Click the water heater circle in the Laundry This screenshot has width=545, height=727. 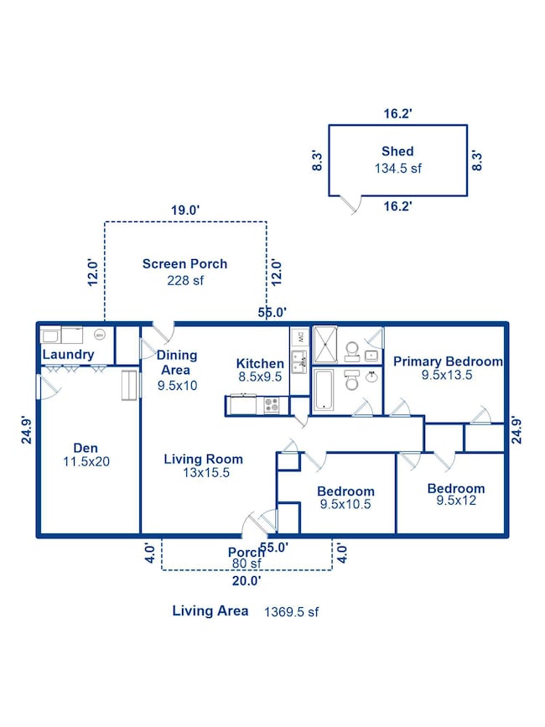[99, 335]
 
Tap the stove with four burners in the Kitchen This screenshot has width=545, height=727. [272, 405]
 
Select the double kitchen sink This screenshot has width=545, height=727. [299, 362]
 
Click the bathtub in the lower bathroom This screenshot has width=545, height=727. [323, 390]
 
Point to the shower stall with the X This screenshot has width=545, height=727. [325, 345]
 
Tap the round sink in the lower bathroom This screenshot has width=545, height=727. [371, 377]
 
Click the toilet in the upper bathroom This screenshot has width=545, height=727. [352, 352]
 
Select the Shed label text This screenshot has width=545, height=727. [397, 151]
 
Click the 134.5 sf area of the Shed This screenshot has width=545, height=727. [398, 169]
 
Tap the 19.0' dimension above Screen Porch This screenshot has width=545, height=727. [185, 210]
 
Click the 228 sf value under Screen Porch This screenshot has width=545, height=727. [185, 281]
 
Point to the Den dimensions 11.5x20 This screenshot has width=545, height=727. [86, 462]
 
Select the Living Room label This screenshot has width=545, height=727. [204, 459]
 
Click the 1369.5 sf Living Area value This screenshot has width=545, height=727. [292, 612]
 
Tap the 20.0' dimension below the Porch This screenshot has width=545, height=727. [247, 580]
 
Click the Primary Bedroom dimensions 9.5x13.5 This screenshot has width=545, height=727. [447, 375]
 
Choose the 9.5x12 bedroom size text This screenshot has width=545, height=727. [456, 501]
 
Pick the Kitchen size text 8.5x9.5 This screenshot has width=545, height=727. [260, 377]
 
